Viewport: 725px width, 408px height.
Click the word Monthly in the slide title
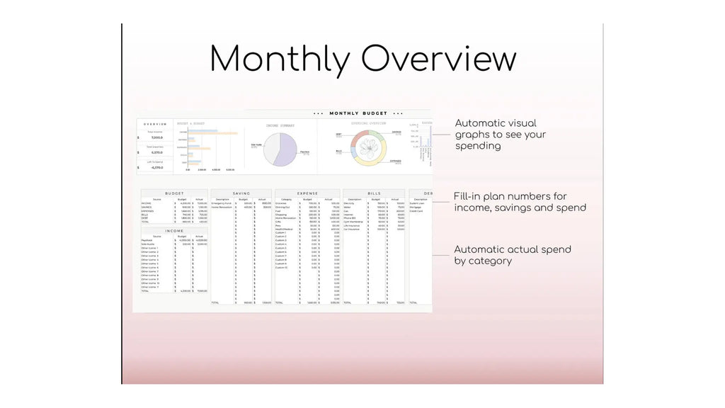tap(278, 59)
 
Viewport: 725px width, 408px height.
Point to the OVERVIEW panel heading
tap(154, 124)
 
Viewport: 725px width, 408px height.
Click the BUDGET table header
tap(174, 193)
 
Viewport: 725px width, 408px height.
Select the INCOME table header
tap(174, 230)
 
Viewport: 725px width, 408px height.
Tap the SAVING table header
tap(241, 193)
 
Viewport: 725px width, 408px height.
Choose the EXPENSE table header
tap(307, 193)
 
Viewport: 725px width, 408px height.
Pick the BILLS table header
tap(374, 193)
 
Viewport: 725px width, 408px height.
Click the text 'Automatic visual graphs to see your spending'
tap(500, 135)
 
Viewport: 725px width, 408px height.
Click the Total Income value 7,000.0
tap(156, 137)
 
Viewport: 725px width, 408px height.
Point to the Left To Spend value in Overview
tap(156, 168)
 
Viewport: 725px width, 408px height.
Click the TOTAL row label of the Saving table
tap(216, 302)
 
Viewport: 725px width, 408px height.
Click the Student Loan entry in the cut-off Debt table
tap(418, 203)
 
